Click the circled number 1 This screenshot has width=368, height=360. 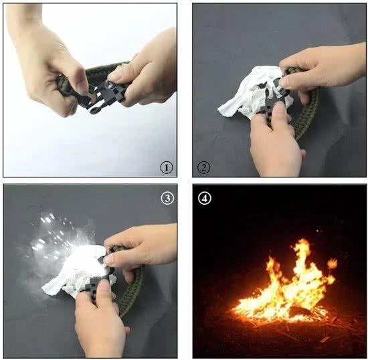(167, 167)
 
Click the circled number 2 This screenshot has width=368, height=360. (203, 167)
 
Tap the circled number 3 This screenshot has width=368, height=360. (167, 198)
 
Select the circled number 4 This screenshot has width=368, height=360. (205, 198)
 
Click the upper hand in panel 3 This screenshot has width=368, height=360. (141, 249)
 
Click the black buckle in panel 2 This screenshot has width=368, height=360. (274, 98)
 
